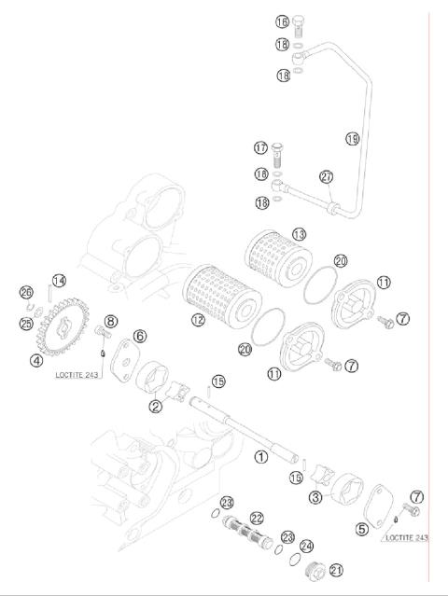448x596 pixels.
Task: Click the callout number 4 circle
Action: [x=35, y=360]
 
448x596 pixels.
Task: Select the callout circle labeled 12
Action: [x=198, y=320]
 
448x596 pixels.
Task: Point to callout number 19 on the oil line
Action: [x=352, y=139]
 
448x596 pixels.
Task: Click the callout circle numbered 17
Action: [x=261, y=147]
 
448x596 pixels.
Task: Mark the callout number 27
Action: [x=326, y=176]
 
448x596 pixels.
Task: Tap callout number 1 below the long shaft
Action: [x=262, y=457]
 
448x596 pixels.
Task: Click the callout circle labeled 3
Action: [x=315, y=498]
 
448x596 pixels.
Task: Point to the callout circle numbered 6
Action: [x=140, y=336]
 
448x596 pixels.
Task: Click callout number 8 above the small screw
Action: [x=110, y=322]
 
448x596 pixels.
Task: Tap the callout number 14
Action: [x=58, y=281]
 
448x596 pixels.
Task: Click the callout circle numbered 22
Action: [x=257, y=517]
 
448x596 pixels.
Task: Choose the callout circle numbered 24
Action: [x=309, y=546]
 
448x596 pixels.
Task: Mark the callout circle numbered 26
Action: [x=26, y=293]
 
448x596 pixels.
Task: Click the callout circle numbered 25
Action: [x=26, y=323]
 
